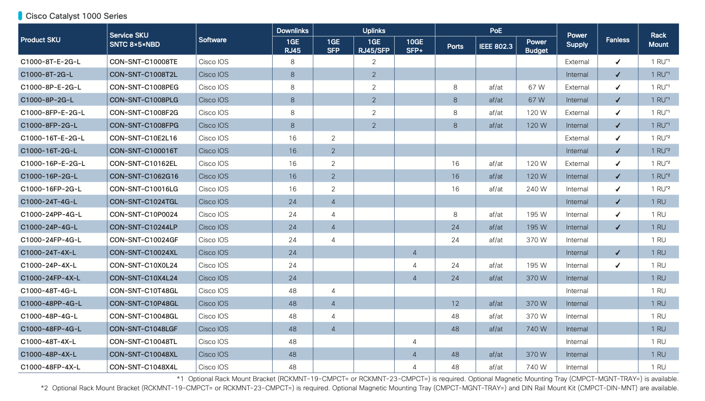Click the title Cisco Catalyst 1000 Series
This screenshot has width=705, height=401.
(76, 16)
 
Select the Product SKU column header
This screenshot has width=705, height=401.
(40, 40)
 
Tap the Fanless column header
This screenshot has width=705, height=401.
(618, 40)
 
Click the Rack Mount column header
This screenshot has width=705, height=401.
(658, 40)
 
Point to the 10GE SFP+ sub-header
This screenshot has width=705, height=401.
(415, 46)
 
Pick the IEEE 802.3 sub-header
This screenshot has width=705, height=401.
(496, 47)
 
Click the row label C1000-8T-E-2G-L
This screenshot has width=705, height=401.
(50, 62)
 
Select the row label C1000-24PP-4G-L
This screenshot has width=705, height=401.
(51, 214)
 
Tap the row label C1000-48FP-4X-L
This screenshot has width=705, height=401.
(50, 367)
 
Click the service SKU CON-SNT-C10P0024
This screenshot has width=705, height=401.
(143, 214)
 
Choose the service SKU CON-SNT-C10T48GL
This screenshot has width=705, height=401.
(144, 291)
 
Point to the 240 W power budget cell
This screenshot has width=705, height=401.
(536, 189)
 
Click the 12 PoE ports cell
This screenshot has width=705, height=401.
(455, 303)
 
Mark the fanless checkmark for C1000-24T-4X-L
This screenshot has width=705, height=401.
(618, 252)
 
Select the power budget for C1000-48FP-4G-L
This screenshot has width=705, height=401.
(536, 329)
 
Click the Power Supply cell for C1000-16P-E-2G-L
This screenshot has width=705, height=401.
(577, 163)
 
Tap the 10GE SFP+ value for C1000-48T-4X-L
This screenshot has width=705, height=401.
(415, 341)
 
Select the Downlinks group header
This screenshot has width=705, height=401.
(292, 31)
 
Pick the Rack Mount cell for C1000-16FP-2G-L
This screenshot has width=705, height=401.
(660, 189)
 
